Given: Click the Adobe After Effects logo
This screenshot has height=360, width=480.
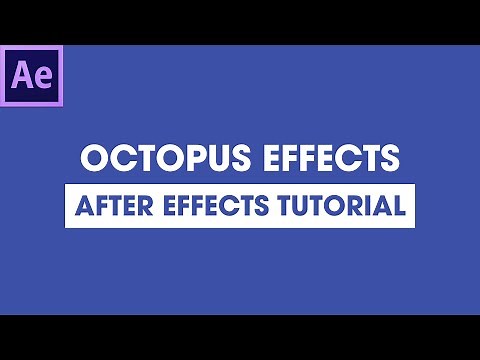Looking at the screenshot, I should point(33,75).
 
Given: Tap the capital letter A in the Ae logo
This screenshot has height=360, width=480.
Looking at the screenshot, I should point(24,75).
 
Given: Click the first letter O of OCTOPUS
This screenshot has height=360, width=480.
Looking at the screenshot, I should point(92,159).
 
